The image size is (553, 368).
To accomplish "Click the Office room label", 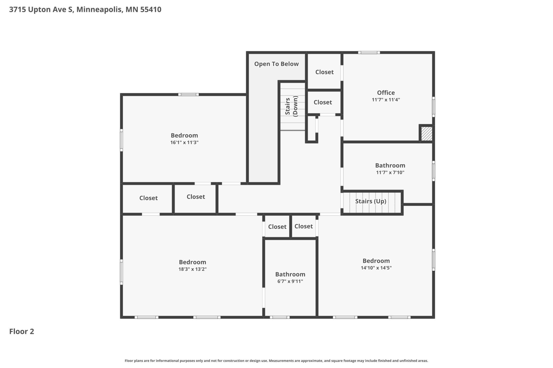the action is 386,93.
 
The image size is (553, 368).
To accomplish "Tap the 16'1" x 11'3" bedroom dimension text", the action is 184,142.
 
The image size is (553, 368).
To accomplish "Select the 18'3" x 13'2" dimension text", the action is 192,269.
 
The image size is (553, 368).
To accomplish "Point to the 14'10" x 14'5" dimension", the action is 376,268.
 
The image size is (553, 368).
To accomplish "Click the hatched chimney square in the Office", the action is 426,134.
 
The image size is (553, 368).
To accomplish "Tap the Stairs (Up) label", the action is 371,201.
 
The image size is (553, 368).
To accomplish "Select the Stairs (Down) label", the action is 291,106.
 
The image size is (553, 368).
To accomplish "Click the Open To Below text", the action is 276,64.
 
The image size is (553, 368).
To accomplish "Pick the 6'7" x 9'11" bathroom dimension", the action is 290,281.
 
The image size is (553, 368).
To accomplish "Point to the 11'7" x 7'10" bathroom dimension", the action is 390,172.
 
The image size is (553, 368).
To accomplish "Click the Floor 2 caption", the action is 22,331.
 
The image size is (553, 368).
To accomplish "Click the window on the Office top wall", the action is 369,53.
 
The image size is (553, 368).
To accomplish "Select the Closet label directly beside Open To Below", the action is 324,72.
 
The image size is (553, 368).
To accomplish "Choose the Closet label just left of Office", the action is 323,102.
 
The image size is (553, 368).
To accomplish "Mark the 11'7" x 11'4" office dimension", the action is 386,100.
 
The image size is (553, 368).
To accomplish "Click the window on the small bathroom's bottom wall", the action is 280,317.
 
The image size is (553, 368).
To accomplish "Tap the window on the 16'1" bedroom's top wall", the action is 188,95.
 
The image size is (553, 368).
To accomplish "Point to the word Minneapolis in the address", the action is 99,10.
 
